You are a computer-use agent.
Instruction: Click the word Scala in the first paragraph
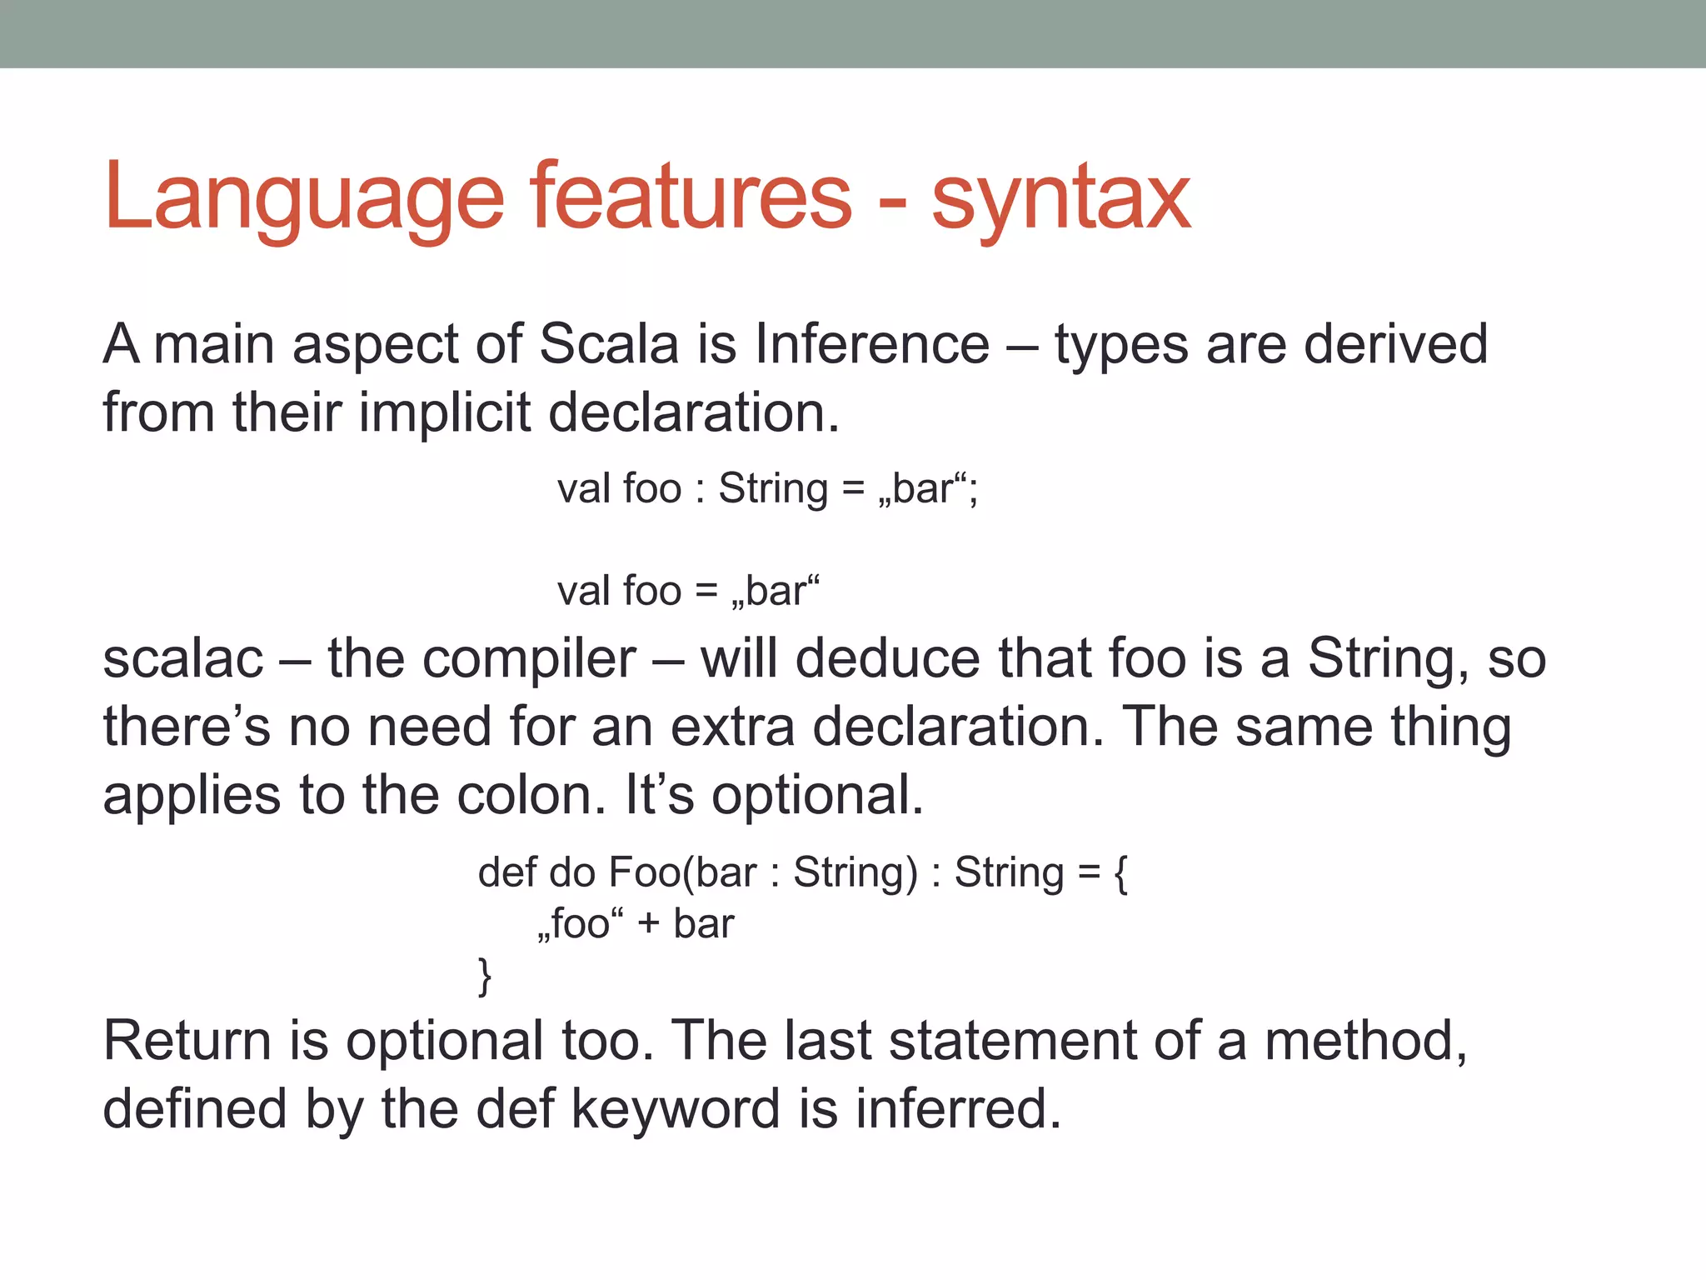pyautogui.click(x=609, y=343)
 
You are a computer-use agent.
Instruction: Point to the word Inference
pyautogui.click(x=872, y=343)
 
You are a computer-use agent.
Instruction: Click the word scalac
pyautogui.click(x=183, y=658)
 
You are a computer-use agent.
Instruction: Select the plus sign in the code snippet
pyautogui.click(x=648, y=924)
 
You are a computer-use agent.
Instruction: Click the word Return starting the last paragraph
pyautogui.click(x=187, y=1041)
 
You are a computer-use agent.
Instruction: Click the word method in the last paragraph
pyautogui.click(x=1365, y=1041)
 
